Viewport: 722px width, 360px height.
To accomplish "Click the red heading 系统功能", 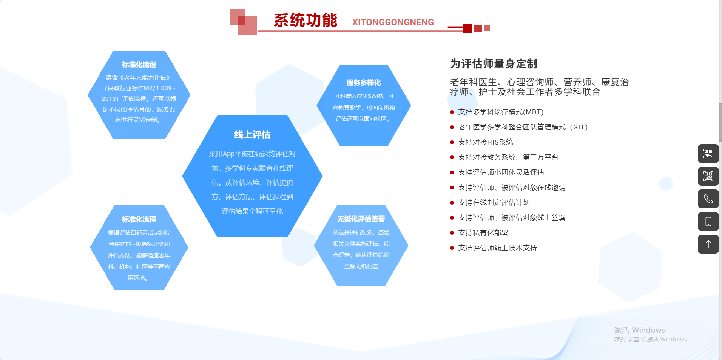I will point(305,20).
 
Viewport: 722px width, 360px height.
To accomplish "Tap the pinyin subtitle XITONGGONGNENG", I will point(393,22).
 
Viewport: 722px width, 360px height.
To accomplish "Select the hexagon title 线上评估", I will point(252,135).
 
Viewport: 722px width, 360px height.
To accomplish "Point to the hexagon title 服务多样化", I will point(364,83).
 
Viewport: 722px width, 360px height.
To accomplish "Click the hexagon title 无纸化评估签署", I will point(361,219).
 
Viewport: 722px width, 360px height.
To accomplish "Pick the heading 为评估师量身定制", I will point(494,64).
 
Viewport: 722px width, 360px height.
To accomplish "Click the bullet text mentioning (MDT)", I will point(501,112).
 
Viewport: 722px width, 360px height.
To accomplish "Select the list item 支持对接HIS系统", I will point(486,142).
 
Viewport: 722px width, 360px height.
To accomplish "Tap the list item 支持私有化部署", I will point(483,233).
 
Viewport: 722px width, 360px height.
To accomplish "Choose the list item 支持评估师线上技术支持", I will point(497,248).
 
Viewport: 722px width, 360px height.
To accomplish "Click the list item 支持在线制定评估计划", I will point(494,203).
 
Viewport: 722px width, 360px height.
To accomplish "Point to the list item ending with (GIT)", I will point(523,127).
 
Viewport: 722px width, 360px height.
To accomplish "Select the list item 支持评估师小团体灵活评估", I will point(501,172).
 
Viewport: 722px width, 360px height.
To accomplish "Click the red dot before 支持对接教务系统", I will point(452,157).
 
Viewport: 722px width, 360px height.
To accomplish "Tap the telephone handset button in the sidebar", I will point(708,199).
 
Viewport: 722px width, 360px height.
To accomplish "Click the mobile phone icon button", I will point(708,222).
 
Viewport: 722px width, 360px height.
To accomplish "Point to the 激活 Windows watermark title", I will point(639,330).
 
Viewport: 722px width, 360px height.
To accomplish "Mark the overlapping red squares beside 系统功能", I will point(243,22).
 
